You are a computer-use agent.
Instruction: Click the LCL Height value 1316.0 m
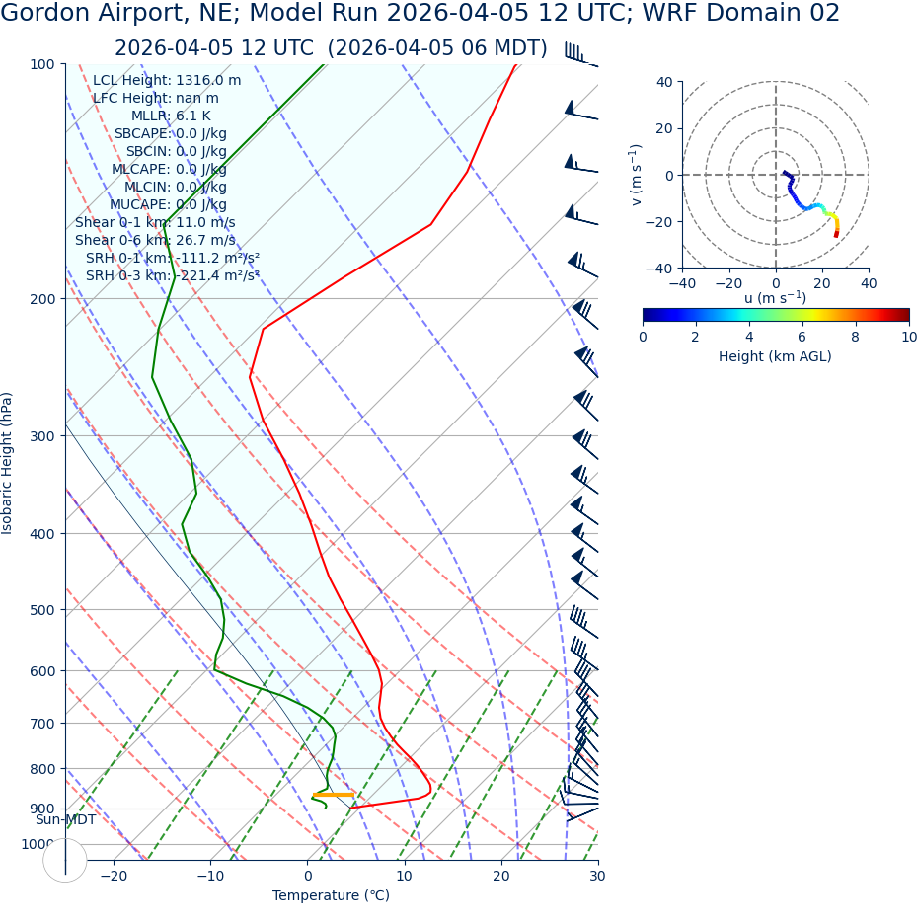pyautogui.click(x=208, y=81)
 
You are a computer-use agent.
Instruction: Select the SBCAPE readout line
pyautogui.click(x=170, y=134)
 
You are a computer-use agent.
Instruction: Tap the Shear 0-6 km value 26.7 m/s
pyautogui.click(x=204, y=241)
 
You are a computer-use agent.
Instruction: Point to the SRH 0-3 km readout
pyautogui.click(x=172, y=276)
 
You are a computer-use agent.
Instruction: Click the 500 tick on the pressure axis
pyautogui.click(x=41, y=610)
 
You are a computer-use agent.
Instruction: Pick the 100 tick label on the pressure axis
pyautogui.click(x=41, y=64)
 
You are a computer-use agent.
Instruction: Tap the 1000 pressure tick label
pyautogui.click(x=38, y=844)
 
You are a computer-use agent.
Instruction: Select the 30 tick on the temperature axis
pyautogui.click(x=597, y=877)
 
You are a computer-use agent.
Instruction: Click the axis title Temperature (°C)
pyautogui.click(x=331, y=896)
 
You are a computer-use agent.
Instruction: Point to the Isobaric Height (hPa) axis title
pyautogui.click(x=8, y=463)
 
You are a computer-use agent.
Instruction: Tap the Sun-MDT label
pyautogui.click(x=66, y=820)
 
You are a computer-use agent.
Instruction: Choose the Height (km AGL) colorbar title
pyautogui.click(x=775, y=356)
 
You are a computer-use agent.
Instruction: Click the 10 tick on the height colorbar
pyautogui.click(x=908, y=337)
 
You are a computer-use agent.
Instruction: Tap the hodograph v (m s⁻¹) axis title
pyautogui.click(x=637, y=175)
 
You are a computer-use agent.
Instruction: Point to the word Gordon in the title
pyautogui.click(x=46, y=14)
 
